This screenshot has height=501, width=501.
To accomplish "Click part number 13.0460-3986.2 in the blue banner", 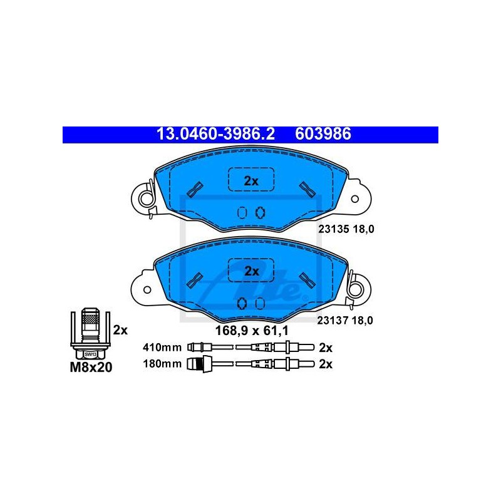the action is click(x=215, y=134).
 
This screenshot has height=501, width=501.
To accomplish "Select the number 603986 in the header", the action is click(x=323, y=134).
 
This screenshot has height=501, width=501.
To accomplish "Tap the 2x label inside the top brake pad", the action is click(x=251, y=181).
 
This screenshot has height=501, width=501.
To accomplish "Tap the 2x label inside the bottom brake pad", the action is click(x=252, y=271).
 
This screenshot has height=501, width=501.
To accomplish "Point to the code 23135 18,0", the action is click(x=346, y=229).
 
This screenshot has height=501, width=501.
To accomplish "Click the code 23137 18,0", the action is click(x=345, y=320).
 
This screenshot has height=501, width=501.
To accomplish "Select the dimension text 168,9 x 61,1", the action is click(x=252, y=331).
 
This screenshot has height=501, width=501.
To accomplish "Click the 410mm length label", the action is click(x=162, y=348).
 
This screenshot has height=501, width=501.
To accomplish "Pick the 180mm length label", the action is click(x=162, y=364).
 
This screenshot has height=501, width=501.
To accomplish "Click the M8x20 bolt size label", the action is click(x=91, y=368).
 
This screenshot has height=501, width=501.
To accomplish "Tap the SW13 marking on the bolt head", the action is click(x=90, y=354).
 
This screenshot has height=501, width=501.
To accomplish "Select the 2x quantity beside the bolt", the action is click(x=120, y=330).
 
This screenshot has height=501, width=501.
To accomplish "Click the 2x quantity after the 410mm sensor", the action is click(x=326, y=348).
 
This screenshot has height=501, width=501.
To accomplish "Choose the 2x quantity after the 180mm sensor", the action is click(x=326, y=364).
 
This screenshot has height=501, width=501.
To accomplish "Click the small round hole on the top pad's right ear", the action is click(x=354, y=199).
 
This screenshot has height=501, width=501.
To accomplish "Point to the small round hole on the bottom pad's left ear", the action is click(x=147, y=290).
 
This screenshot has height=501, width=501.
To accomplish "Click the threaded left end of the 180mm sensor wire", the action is click(x=199, y=364).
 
